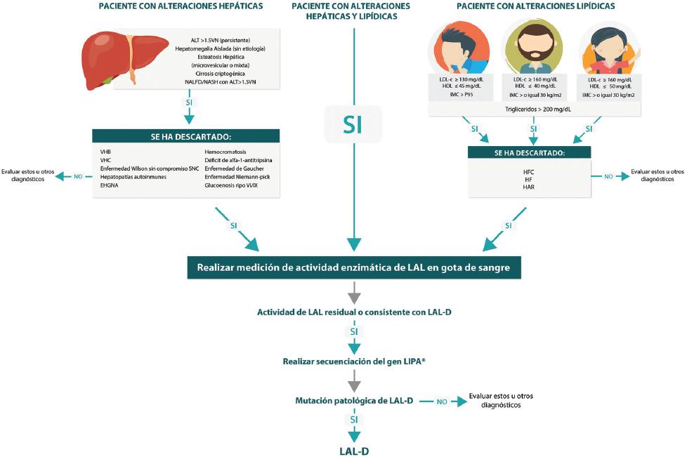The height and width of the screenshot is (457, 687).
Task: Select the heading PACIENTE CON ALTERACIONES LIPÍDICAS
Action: tap(535, 6)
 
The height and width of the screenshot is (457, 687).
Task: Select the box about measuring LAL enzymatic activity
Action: tap(354, 267)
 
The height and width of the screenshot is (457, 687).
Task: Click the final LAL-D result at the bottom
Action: tap(354, 451)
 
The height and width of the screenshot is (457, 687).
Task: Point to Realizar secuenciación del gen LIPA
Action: tap(354, 361)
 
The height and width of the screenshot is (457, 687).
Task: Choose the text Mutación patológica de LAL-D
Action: tap(353, 401)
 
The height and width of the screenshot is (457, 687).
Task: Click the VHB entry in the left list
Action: tap(107, 151)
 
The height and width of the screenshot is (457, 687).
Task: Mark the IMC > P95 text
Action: tap(460, 93)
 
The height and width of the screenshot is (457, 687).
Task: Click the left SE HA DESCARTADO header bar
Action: tap(186, 136)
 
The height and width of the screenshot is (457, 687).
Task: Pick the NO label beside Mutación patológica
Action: tap(442, 402)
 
